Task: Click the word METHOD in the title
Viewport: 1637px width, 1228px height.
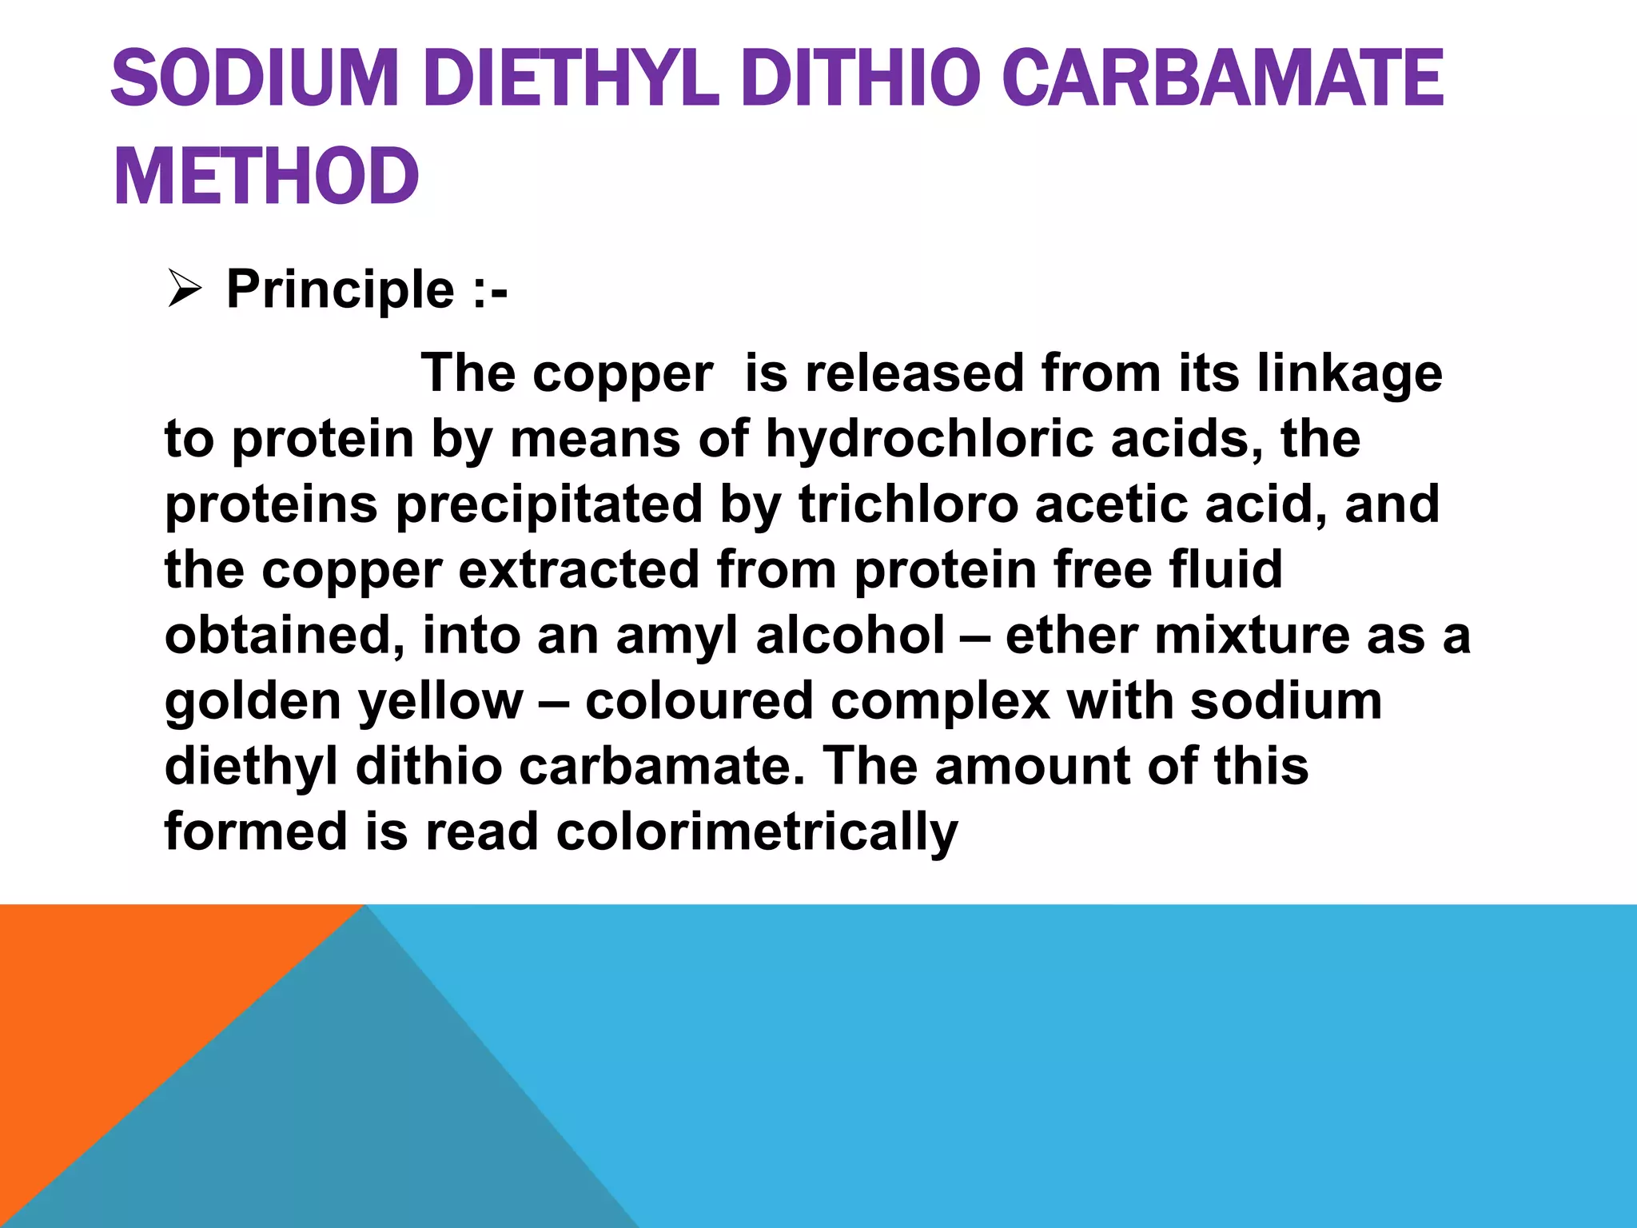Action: pos(266,177)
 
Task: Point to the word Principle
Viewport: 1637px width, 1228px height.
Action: pos(341,289)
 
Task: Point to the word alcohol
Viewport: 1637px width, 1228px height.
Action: pos(850,636)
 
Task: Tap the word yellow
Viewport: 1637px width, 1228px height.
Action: pos(440,701)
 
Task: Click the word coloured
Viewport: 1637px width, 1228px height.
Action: pos(699,701)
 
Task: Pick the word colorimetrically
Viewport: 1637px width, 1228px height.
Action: pos(756,832)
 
